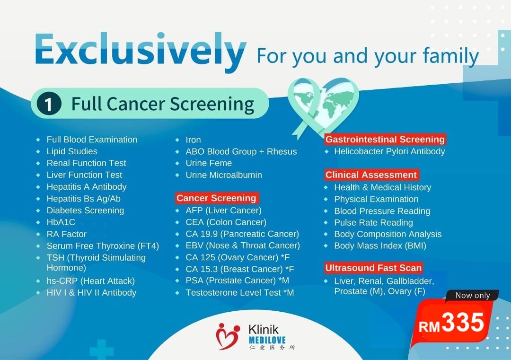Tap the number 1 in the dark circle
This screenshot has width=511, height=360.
(x=49, y=104)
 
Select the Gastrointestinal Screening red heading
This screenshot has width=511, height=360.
(x=385, y=140)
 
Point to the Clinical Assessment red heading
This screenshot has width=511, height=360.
(x=371, y=175)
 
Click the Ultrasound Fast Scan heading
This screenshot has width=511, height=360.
(x=373, y=268)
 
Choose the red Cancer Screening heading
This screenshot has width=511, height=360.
(x=216, y=198)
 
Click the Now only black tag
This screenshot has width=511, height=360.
(x=472, y=295)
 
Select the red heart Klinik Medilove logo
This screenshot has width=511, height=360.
(x=228, y=336)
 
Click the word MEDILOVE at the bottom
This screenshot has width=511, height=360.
(x=267, y=340)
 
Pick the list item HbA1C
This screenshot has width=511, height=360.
(x=61, y=222)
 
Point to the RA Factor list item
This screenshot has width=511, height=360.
(x=67, y=234)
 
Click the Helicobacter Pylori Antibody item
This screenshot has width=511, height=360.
(x=389, y=151)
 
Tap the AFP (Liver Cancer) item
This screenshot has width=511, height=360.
(x=223, y=211)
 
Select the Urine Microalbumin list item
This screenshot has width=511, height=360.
(x=223, y=175)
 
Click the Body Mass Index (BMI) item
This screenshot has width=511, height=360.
(x=380, y=246)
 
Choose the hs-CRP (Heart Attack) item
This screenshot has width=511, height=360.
(x=90, y=281)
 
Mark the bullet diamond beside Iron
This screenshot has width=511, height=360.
(x=177, y=140)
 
